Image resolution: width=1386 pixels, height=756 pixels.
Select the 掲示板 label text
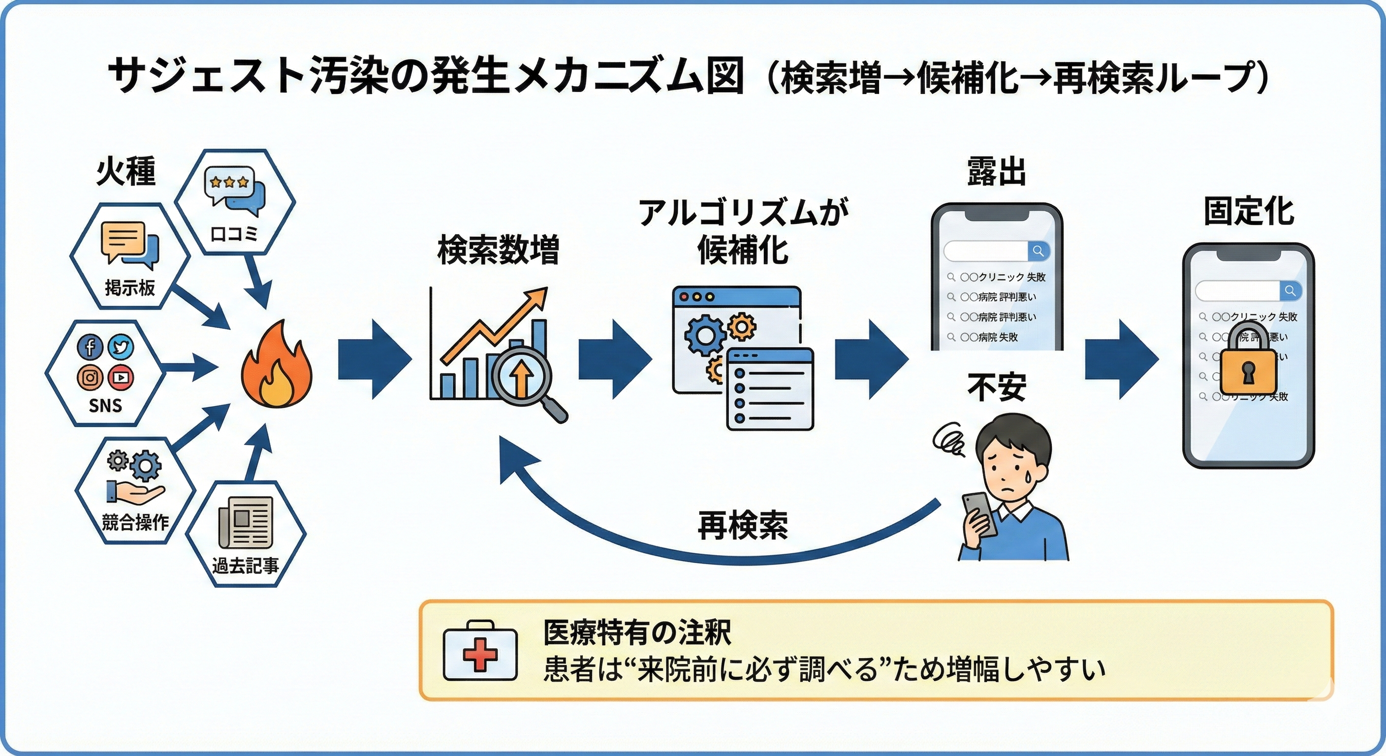pyautogui.click(x=129, y=288)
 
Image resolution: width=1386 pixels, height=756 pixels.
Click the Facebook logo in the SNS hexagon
pyautogui.click(x=90, y=346)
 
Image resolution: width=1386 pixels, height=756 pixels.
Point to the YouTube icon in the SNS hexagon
pyautogui.click(x=121, y=377)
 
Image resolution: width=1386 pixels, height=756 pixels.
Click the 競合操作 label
pyautogui.click(x=135, y=522)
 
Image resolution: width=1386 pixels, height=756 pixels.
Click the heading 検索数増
pyautogui.click(x=498, y=250)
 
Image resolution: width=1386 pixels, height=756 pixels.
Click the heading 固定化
pyautogui.click(x=1248, y=212)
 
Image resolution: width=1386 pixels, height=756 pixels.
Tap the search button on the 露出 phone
pyautogui.click(x=1039, y=251)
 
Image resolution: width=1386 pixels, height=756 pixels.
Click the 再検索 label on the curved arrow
pyautogui.click(x=743, y=525)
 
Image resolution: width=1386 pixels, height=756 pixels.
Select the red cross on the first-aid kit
pyautogui.click(x=480, y=654)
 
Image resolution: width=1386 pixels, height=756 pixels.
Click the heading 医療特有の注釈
pyautogui.click(x=637, y=632)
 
